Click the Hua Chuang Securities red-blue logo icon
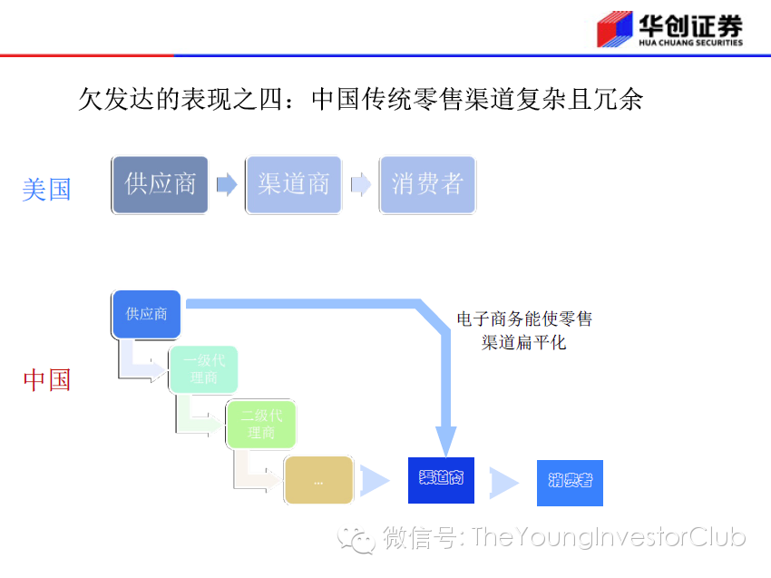coord(614,30)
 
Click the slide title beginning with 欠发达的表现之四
coord(360,99)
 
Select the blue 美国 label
coord(46,189)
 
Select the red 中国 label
coord(46,379)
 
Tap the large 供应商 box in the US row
coord(160,184)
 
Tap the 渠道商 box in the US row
coord(293,184)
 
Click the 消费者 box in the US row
coord(427,184)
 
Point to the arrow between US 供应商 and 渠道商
coord(226,184)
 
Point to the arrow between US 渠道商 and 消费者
coord(360,184)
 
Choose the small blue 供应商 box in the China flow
coord(146,314)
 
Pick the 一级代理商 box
coord(203,369)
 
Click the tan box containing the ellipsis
coord(317,481)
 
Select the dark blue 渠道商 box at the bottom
coord(441,478)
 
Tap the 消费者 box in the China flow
coord(569,481)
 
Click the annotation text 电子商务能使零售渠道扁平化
coord(524,331)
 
